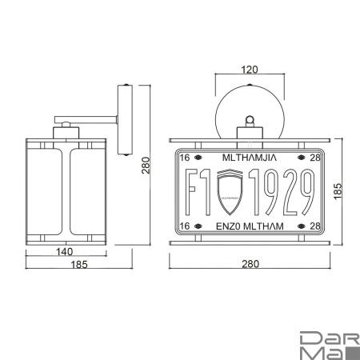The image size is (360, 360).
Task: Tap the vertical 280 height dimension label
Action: click(146, 165)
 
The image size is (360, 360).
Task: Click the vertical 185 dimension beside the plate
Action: click(338, 190)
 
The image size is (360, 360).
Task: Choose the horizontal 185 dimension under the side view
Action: click(68, 265)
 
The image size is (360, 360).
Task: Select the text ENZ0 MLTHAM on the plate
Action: click(249, 226)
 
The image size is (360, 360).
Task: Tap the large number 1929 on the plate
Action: click(280, 193)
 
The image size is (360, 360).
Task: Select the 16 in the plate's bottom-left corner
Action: click(186, 226)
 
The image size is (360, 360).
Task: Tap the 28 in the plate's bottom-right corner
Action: click(314, 226)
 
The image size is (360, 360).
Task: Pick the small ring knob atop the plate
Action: click(250, 121)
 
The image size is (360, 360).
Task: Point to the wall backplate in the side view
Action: click(126, 120)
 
